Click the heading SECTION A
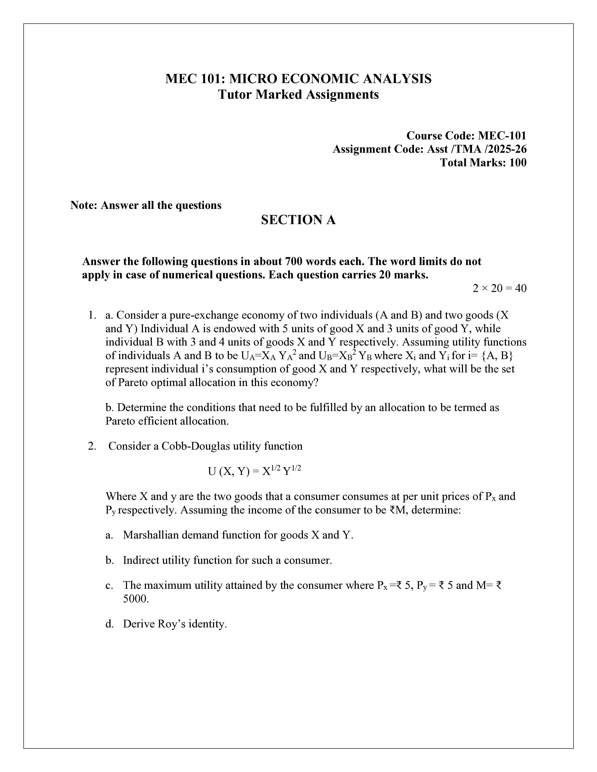(x=298, y=220)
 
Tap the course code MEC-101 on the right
(x=502, y=136)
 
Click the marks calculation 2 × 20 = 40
(x=499, y=288)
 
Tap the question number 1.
(x=92, y=315)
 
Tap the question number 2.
(x=92, y=446)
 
